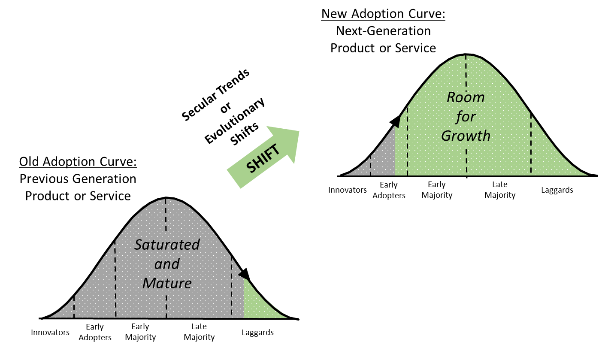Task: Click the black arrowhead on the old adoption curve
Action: click(245, 274)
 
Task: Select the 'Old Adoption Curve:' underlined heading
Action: click(78, 162)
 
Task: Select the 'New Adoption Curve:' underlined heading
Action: click(383, 14)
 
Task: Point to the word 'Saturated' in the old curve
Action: click(167, 245)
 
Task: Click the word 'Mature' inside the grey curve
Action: click(167, 283)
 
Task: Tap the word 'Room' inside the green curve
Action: click(466, 97)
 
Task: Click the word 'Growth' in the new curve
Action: click(466, 136)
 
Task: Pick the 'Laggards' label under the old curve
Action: click(257, 333)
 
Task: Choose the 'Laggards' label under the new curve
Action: click(557, 190)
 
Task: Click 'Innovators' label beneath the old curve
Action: click(50, 333)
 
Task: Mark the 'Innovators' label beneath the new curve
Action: click(347, 190)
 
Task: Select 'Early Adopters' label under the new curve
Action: click(389, 190)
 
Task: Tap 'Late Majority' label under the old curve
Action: click(199, 332)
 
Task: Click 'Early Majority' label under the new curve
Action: click(437, 190)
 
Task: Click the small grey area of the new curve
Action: click(382, 158)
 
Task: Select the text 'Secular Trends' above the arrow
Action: click(215, 95)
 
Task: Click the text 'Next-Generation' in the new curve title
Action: click(383, 31)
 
